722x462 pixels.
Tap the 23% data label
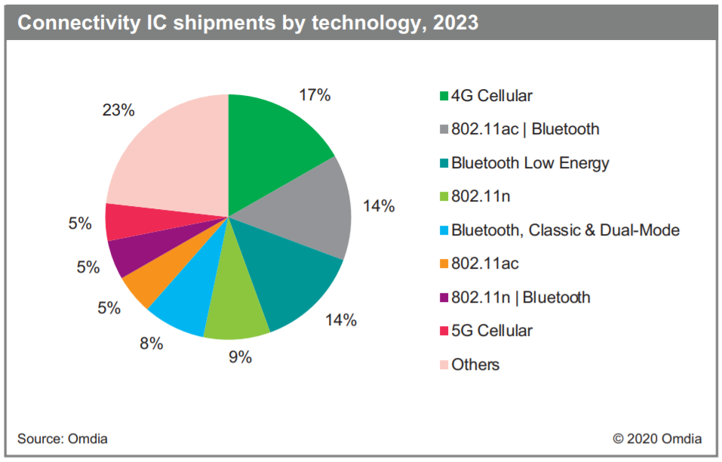coord(118,110)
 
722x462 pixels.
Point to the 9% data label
coord(240,357)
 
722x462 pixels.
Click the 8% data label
coord(151,343)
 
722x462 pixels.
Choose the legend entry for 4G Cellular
coord(491,96)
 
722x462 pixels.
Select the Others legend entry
coord(475,365)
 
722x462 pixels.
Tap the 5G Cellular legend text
coord(492,331)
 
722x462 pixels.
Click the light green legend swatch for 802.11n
coord(444,197)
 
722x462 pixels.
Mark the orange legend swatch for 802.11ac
coord(444,264)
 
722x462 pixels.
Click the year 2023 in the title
coord(456,23)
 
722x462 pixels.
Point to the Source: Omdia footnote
coord(63,439)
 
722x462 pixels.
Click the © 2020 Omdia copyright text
coord(657,439)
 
